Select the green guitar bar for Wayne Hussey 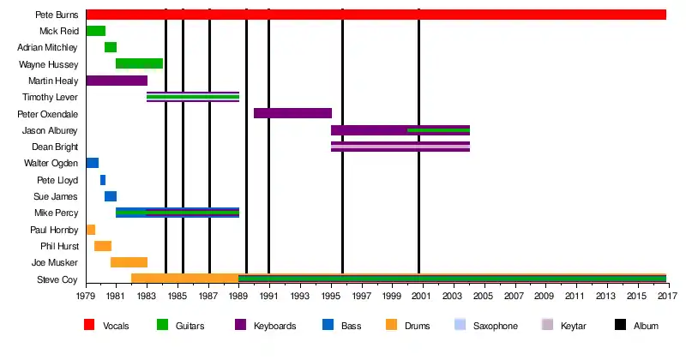[139, 63]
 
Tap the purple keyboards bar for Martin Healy [117, 81]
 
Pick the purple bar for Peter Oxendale [292, 113]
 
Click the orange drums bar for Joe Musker [129, 262]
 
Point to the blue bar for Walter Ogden [92, 163]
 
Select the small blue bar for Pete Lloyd [103, 180]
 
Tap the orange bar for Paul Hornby [90, 230]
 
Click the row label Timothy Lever [51, 97]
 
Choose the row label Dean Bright [55, 147]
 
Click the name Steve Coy [57, 279]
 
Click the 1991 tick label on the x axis [269, 296]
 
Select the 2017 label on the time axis [666, 296]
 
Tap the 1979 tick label [86, 296]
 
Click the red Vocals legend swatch [89, 326]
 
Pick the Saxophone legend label [496, 326]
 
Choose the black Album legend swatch [620, 326]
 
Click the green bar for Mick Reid [95, 31]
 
